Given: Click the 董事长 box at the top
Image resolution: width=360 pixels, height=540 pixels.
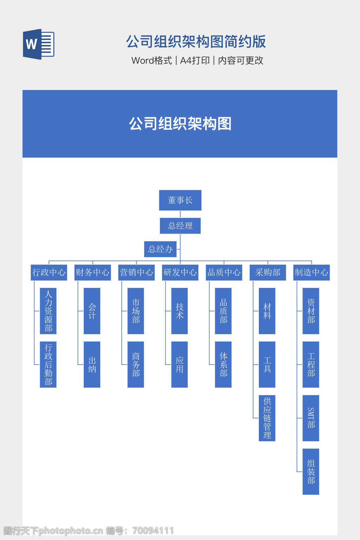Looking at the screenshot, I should tap(180, 200).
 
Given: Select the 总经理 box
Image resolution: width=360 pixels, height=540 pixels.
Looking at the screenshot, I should tap(180, 226).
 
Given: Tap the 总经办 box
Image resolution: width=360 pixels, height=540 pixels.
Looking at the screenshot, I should tap(160, 249).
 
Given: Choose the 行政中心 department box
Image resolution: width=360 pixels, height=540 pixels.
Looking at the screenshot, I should tap(49, 272).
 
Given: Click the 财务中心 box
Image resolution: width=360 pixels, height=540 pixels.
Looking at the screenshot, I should tap(92, 272).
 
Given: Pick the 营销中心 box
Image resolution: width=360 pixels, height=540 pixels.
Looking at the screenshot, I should tap(136, 272).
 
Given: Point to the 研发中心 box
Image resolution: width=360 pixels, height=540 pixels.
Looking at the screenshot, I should tap(180, 272).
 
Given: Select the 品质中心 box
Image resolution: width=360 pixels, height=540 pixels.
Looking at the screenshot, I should tap(224, 272).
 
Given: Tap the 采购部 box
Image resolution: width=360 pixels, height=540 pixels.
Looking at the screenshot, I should tap(268, 272).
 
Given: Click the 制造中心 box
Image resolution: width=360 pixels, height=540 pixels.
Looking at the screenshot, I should tap(311, 272).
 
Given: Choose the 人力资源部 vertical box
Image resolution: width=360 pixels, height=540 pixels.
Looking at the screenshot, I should tap(48, 311).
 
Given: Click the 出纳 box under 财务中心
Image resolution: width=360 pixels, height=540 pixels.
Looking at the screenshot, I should tap(92, 365).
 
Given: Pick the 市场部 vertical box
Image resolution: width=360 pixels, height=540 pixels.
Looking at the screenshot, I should tap(136, 311).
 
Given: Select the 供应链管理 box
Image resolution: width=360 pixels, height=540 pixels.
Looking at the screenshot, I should tap(267, 418).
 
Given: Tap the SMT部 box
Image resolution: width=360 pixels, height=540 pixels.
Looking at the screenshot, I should tap(311, 418).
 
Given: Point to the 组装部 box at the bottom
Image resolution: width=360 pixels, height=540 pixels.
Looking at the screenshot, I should tap(311, 471).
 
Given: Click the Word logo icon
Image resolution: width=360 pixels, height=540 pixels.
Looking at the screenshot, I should tap(39, 44).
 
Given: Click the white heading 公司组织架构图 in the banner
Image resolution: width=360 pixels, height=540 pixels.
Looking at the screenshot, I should tap(180, 124).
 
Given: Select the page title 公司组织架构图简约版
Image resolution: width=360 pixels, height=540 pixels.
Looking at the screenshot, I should tap(196, 41).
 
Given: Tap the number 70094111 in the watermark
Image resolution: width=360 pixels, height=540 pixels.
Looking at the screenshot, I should tap(153, 531).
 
